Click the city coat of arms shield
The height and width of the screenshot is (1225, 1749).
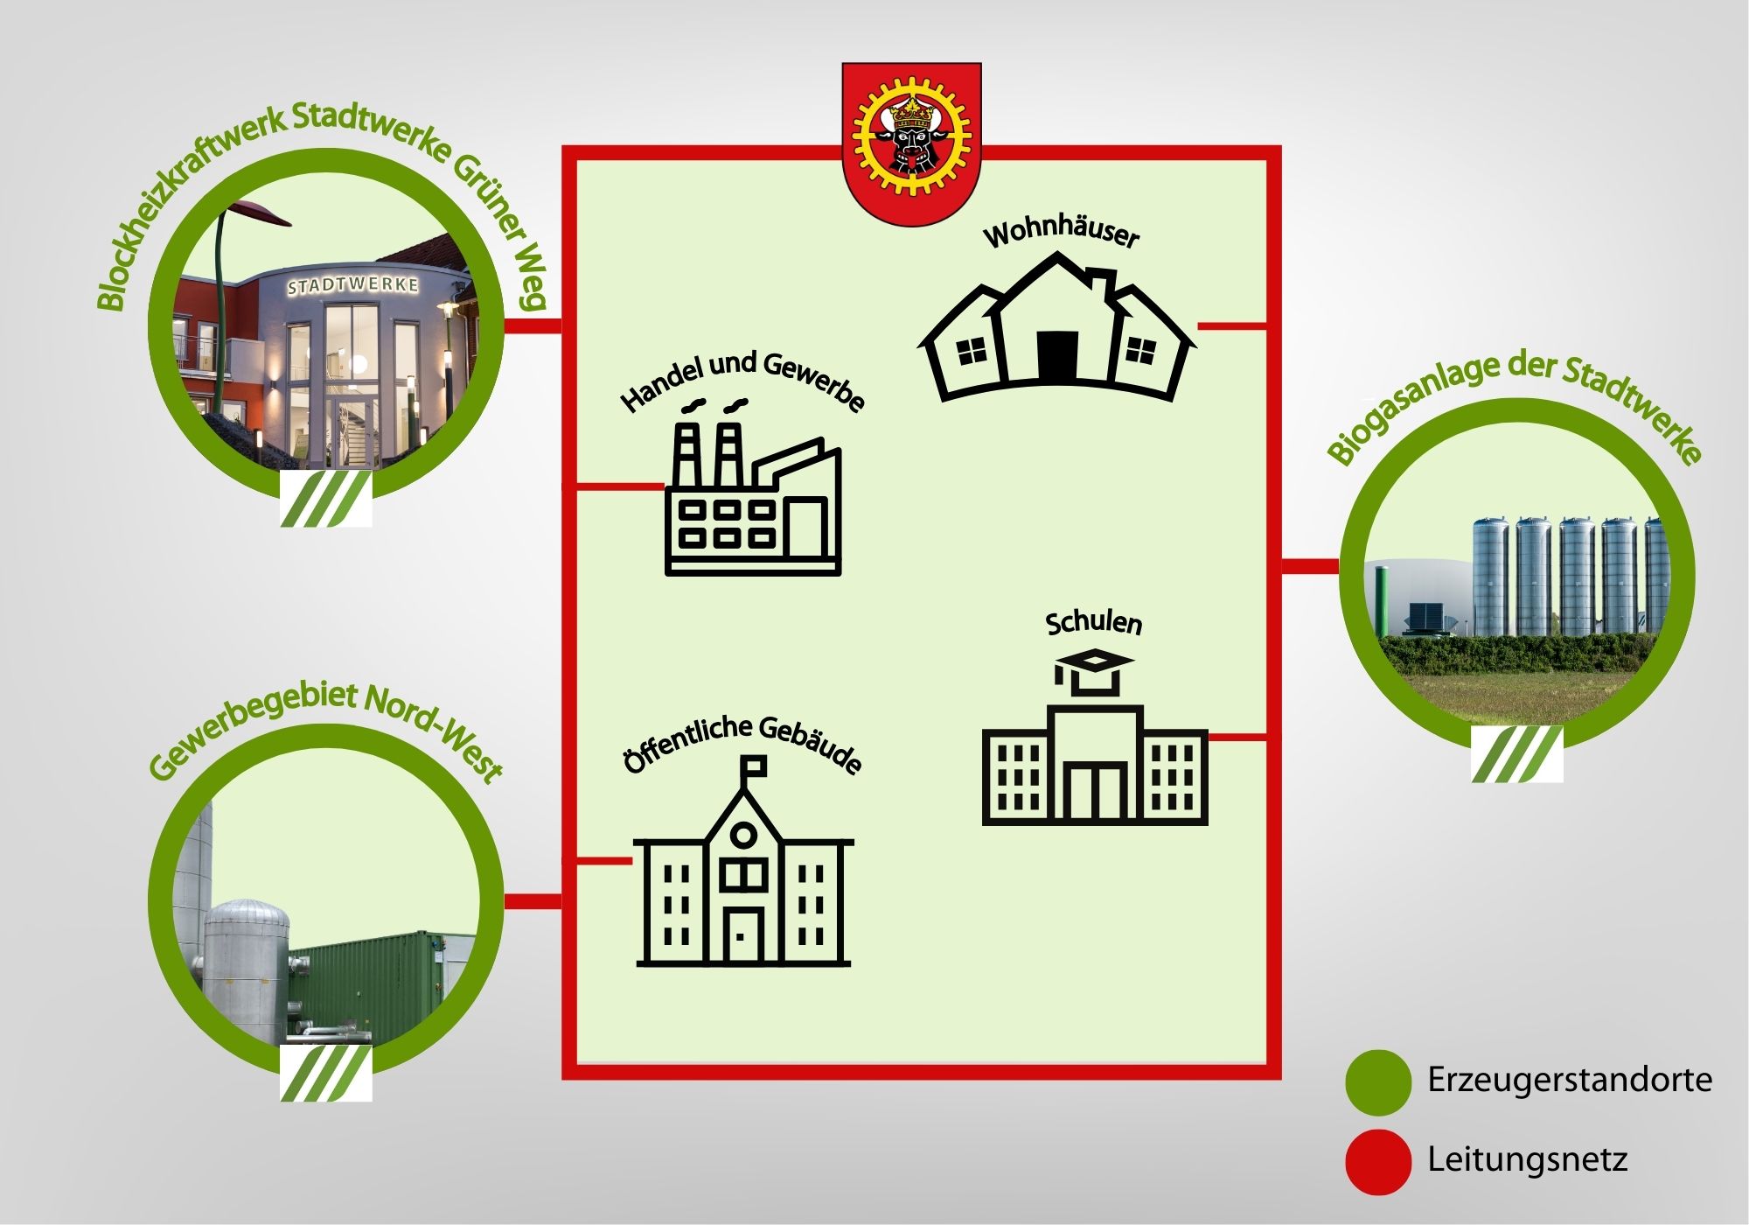911,143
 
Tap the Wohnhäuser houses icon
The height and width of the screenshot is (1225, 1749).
1056,327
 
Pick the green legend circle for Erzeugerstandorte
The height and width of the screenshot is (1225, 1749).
1378,1082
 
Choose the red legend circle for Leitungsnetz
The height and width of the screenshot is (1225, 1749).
1378,1162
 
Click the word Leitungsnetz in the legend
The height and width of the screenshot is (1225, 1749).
1527,1159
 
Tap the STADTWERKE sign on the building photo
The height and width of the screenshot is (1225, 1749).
353,286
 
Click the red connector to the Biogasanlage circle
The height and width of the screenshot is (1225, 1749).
1310,567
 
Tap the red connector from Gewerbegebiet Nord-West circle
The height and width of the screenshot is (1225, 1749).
533,901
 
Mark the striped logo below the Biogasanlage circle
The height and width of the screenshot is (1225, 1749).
1516,753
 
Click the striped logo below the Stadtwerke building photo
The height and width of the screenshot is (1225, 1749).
326,499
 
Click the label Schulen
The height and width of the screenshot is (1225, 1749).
1094,622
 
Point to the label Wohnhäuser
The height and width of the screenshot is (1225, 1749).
1061,233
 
